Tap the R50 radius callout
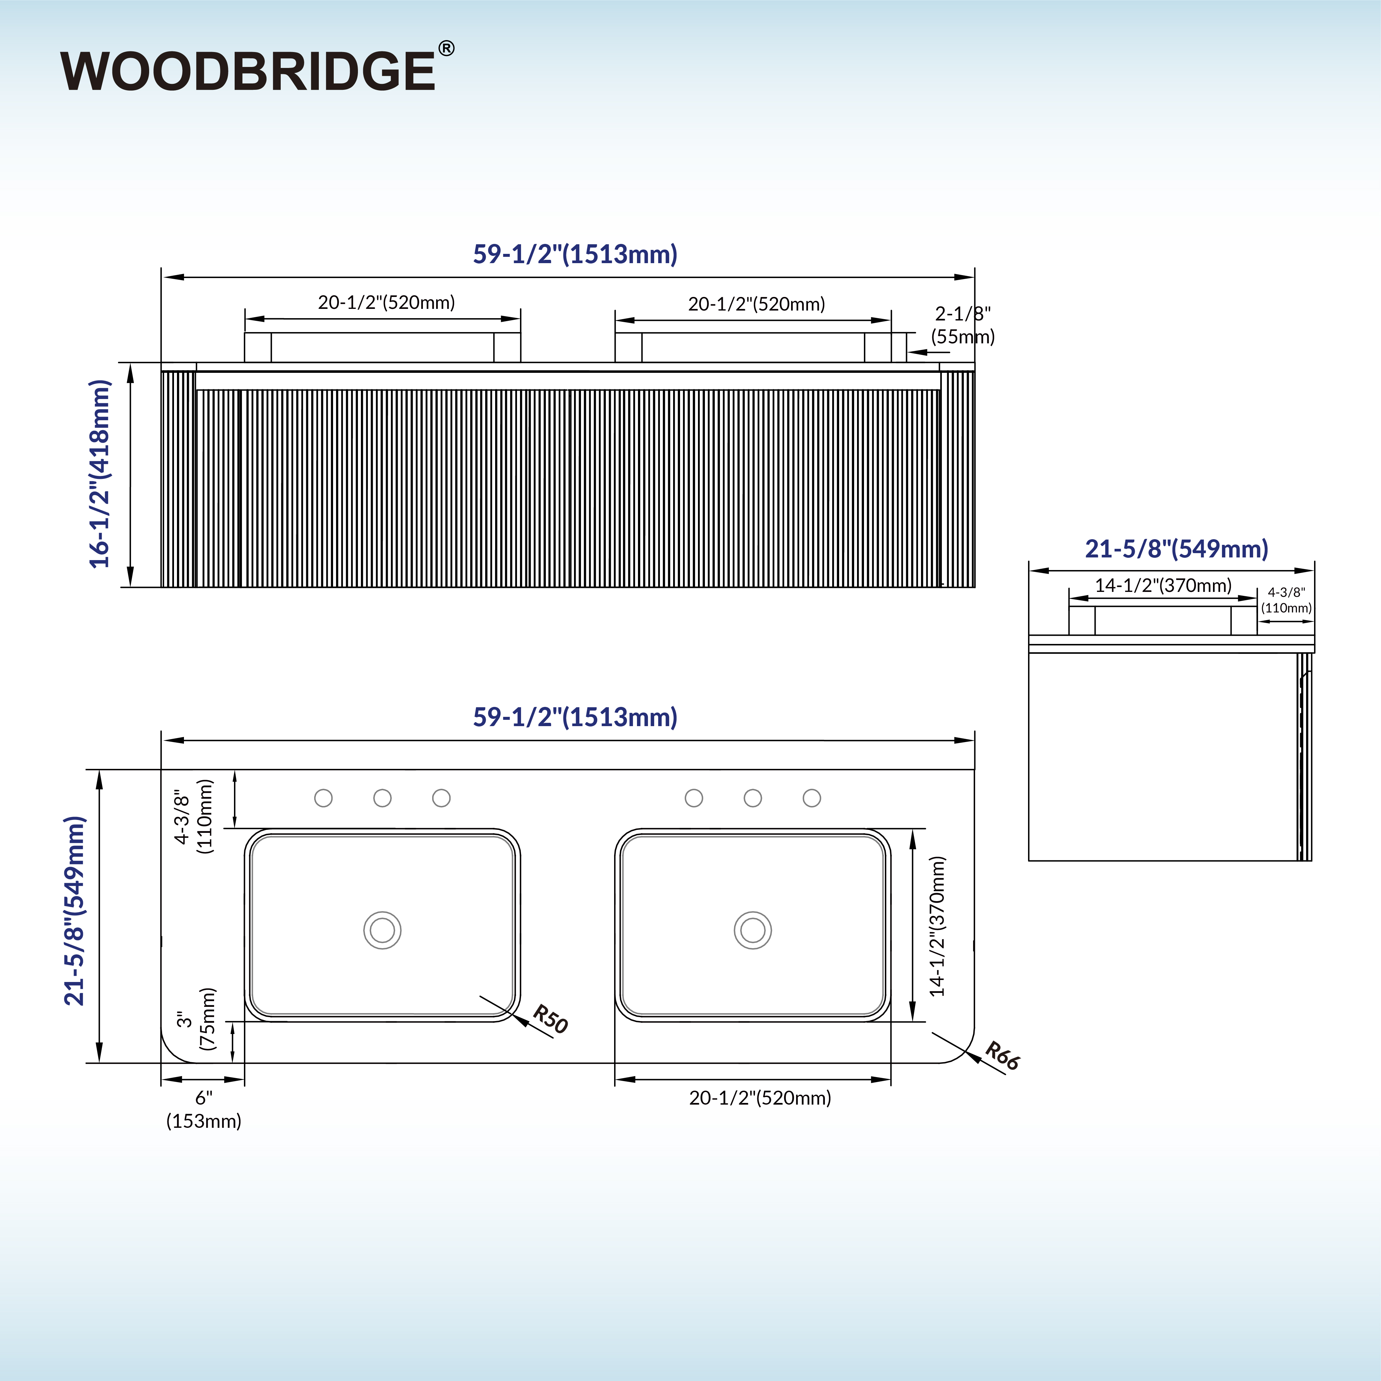coord(550,1018)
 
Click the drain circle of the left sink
coord(382,930)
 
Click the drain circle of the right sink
coord(753,930)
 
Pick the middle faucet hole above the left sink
coord(382,798)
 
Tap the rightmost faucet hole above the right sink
coord(812,798)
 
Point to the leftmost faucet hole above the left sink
coord(323,798)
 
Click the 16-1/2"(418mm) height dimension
coord(100,474)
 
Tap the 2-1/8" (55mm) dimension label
coord(963,325)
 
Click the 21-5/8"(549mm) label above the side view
coord(1177,548)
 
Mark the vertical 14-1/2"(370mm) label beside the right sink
coord(937,926)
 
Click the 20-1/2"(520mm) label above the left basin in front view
coord(386,302)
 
